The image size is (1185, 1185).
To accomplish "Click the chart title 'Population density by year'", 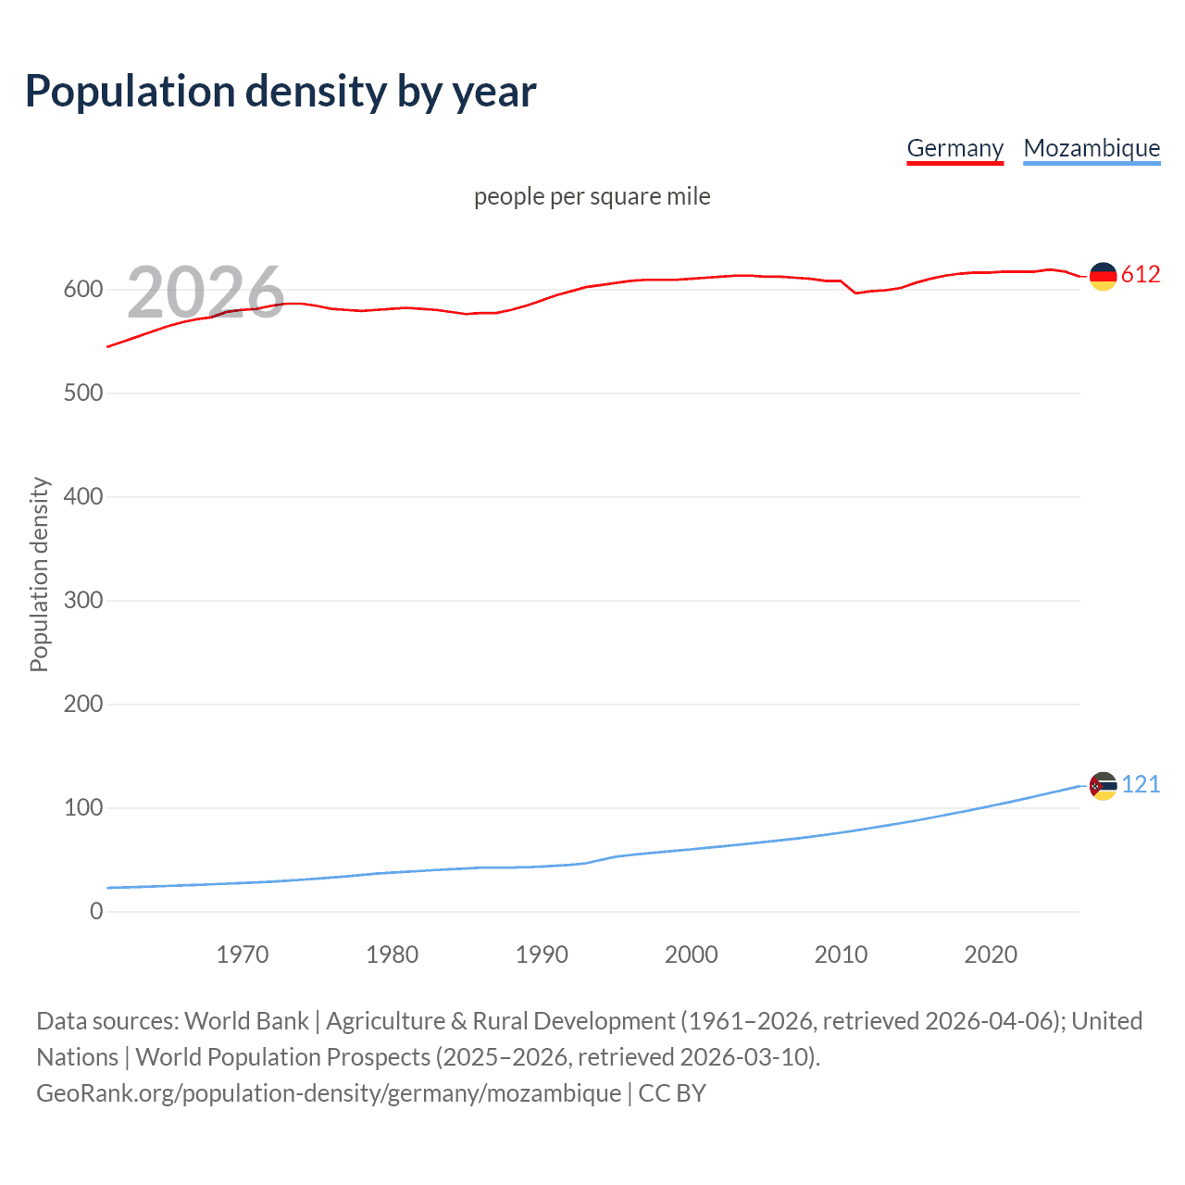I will pyautogui.click(x=281, y=92).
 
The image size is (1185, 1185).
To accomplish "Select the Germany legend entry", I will pyautogui.click(x=954, y=148).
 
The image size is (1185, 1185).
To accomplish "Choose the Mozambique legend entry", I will pyautogui.click(x=1091, y=148).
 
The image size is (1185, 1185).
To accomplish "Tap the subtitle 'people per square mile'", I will pyautogui.click(x=592, y=196).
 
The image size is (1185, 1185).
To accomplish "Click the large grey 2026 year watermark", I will pyautogui.click(x=206, y=293).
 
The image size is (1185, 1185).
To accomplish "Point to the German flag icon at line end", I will pyautogui.click(x=1103, y=276).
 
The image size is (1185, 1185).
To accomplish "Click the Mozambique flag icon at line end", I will pyautogui.click(x=1103, y=786).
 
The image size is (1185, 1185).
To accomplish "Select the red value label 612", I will pyautogui.click(x=1141, y=275).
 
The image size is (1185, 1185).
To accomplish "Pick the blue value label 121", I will pyautogui.click(x=1141, y=785).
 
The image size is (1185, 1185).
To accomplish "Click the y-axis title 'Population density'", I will pyautogui.click(x=39, y=574).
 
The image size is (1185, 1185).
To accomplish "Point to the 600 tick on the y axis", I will pyautogui.click(x=83, y=290).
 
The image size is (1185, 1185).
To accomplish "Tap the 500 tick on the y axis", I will pyautogui.click(x=83, y=393).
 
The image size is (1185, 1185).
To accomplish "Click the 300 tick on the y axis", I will pyautogui.click(x=83, y=601).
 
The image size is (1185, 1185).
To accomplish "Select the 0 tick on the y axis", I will pyautogui.click(x=96, y=912).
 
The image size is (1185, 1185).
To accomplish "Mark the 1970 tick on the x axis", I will pyautogui.click(x=243, y=954).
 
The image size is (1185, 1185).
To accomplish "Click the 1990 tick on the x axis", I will pyautogui.click(x=542, y=954).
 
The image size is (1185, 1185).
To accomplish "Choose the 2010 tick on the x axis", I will pyautogui.click(x=841, y=954).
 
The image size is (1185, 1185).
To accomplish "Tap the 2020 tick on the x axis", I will pyautogui.click(x=991, y=954).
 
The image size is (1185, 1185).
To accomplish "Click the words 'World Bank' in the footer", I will pyautogui.click(x=246, y=1021).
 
